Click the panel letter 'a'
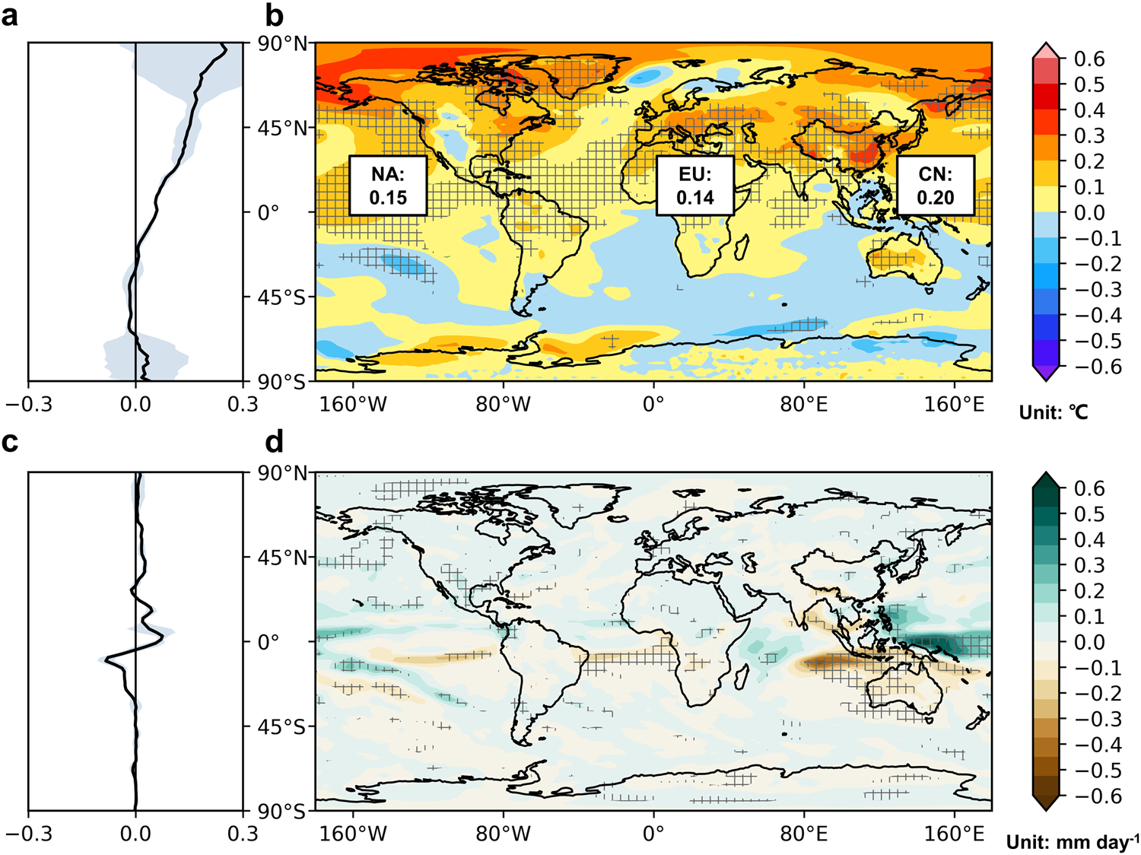10,15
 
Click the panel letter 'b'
274,15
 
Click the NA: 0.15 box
388,186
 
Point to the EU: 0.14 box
695,186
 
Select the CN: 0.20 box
935,186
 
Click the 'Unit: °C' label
1054,412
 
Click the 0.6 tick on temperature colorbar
1089,59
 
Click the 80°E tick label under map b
804,404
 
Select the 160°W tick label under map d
353,834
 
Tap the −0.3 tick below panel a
29,404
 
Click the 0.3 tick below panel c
243,834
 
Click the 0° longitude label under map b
653,404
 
